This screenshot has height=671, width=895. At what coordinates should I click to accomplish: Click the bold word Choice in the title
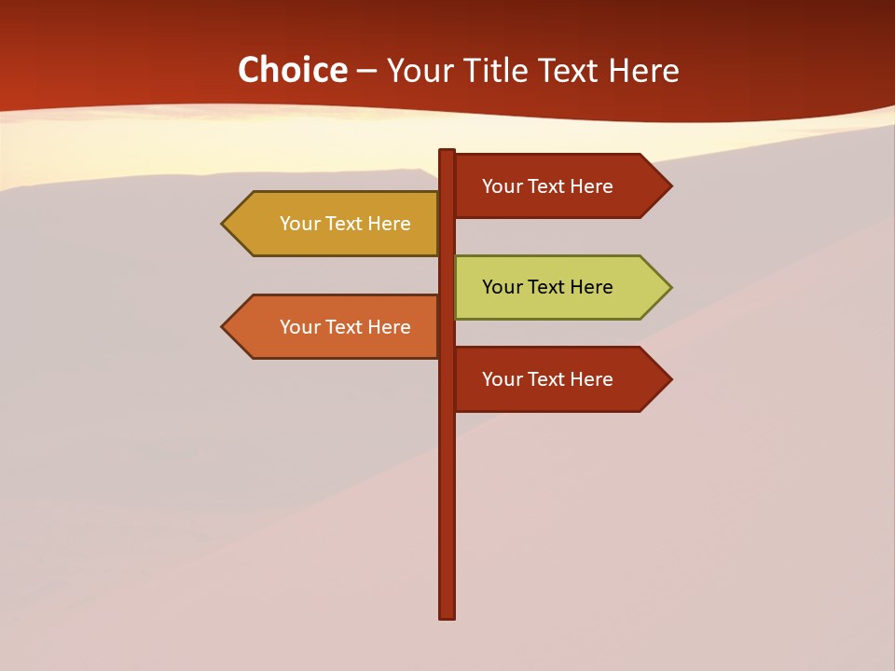292,70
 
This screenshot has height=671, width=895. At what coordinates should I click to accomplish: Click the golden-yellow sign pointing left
336,224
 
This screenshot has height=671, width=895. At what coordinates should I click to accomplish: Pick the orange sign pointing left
336,327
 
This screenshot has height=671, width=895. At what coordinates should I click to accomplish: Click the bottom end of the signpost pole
447,615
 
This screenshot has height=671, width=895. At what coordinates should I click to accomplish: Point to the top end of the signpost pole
447,153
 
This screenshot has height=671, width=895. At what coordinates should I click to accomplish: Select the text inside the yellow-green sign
547,287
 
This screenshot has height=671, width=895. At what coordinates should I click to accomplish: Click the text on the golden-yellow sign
345,224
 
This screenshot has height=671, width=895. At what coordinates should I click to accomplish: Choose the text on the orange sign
345,327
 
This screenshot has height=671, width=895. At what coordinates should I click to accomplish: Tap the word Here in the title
643,70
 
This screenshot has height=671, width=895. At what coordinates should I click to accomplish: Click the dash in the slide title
366,71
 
